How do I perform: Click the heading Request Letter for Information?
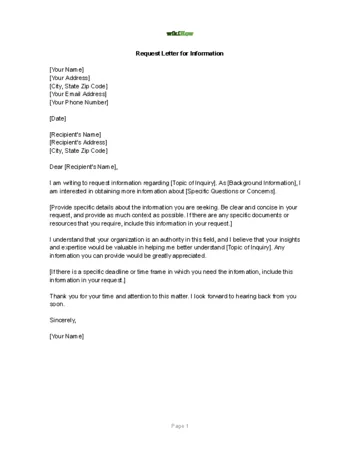click(180, 53)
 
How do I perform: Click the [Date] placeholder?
click(59, 118)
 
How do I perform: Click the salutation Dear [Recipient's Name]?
click(84, 166)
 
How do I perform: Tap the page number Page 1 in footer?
click(179, 426)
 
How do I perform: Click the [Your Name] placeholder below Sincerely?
click(66, 336)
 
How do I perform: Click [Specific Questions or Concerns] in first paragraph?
click(221, 191)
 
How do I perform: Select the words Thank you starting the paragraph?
click(62, 296)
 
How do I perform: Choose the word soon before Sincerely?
click(56, 304)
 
